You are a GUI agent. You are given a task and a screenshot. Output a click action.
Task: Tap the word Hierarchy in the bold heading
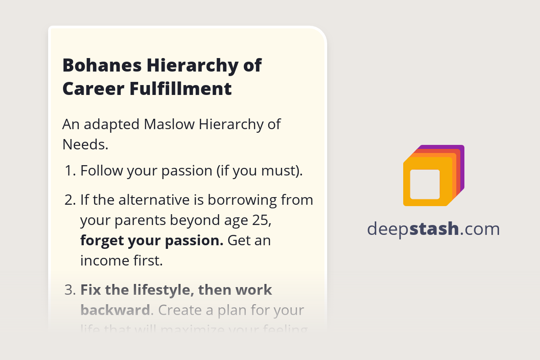(192, 66)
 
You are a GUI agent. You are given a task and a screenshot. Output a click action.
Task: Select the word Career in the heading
(93, 89)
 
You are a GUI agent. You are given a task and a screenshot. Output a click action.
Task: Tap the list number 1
(70, 171)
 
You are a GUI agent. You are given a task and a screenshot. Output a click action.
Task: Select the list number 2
(70, 199)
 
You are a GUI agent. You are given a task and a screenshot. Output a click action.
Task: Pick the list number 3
(70, 290)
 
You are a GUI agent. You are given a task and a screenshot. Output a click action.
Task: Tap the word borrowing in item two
(243, 199)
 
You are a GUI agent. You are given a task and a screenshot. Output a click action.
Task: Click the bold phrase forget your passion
(152, 240)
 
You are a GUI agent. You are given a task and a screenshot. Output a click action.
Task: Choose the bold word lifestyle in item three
(157, 290)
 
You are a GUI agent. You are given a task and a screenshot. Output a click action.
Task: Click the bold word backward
(115, 310)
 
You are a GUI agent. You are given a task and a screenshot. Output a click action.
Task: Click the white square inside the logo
(425, 184)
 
